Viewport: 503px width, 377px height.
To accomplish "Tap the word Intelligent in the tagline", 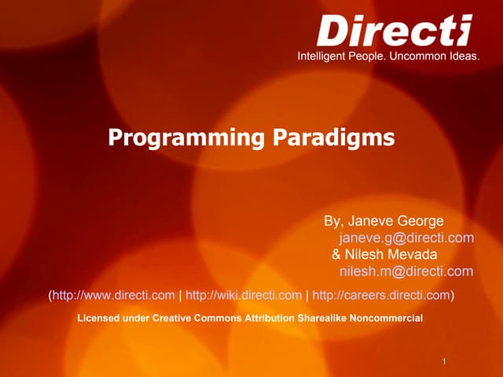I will [322, 57].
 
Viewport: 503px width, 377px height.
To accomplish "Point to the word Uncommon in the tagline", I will [418, 57].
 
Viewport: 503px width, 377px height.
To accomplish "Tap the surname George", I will [420, 221].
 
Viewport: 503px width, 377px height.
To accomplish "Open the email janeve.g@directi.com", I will [406, 238].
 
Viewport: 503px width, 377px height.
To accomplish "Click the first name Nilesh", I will [363, 254].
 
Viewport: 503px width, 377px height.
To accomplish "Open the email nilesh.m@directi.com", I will [406, 272].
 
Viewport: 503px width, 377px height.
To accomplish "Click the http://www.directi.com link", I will [114, 295].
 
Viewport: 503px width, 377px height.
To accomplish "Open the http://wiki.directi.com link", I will [244, 295].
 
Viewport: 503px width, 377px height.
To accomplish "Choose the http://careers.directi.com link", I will [381, 295].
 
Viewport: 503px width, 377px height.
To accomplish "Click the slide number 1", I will [445, 361].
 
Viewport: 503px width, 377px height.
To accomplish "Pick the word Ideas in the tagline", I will [464, 57].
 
